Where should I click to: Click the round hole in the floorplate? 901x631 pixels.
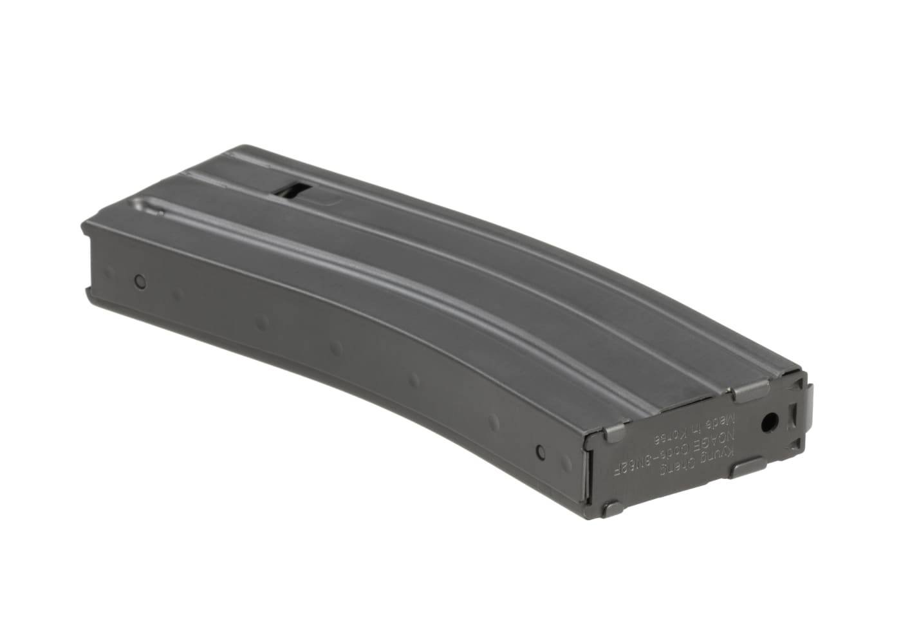pos(769,423)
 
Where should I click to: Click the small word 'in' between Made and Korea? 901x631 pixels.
pos(701,430)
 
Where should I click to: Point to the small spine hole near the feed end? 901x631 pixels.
pos(140,281)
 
